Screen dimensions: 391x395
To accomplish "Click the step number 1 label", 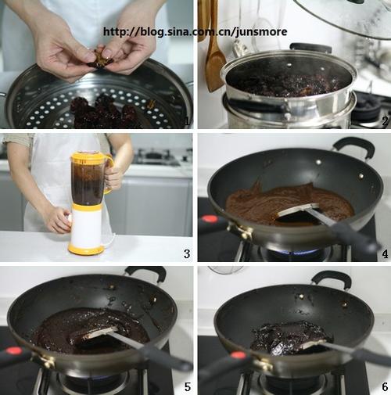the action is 187,122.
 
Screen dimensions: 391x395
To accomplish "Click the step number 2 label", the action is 385,121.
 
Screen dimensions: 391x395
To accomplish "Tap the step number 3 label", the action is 187,253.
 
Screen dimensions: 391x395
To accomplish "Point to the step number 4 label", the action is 385,253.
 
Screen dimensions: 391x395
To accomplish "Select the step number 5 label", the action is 188,386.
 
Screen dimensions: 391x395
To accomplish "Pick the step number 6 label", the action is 385,386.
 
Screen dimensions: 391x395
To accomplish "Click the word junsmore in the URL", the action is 261,32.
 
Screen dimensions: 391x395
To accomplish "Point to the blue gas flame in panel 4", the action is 300,252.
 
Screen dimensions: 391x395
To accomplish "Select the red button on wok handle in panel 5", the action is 13,350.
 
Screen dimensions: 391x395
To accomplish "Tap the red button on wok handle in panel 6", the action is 238,355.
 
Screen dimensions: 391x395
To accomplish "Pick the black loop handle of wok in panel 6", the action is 331,278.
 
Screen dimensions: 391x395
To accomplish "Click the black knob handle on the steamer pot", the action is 310,47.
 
